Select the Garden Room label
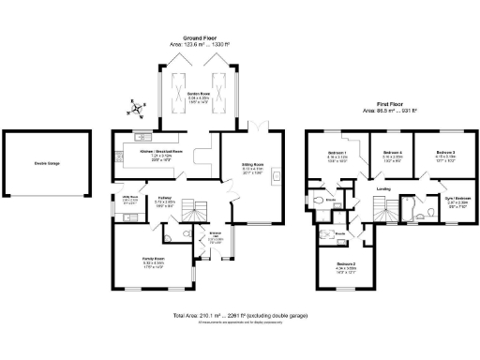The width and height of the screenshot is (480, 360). pyautogui.click(x=197, y=94)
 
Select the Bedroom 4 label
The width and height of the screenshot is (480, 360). pyautogui.click(x=393, y=153)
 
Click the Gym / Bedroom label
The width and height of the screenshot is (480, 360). pyautogui.click(x=455, y=199)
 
